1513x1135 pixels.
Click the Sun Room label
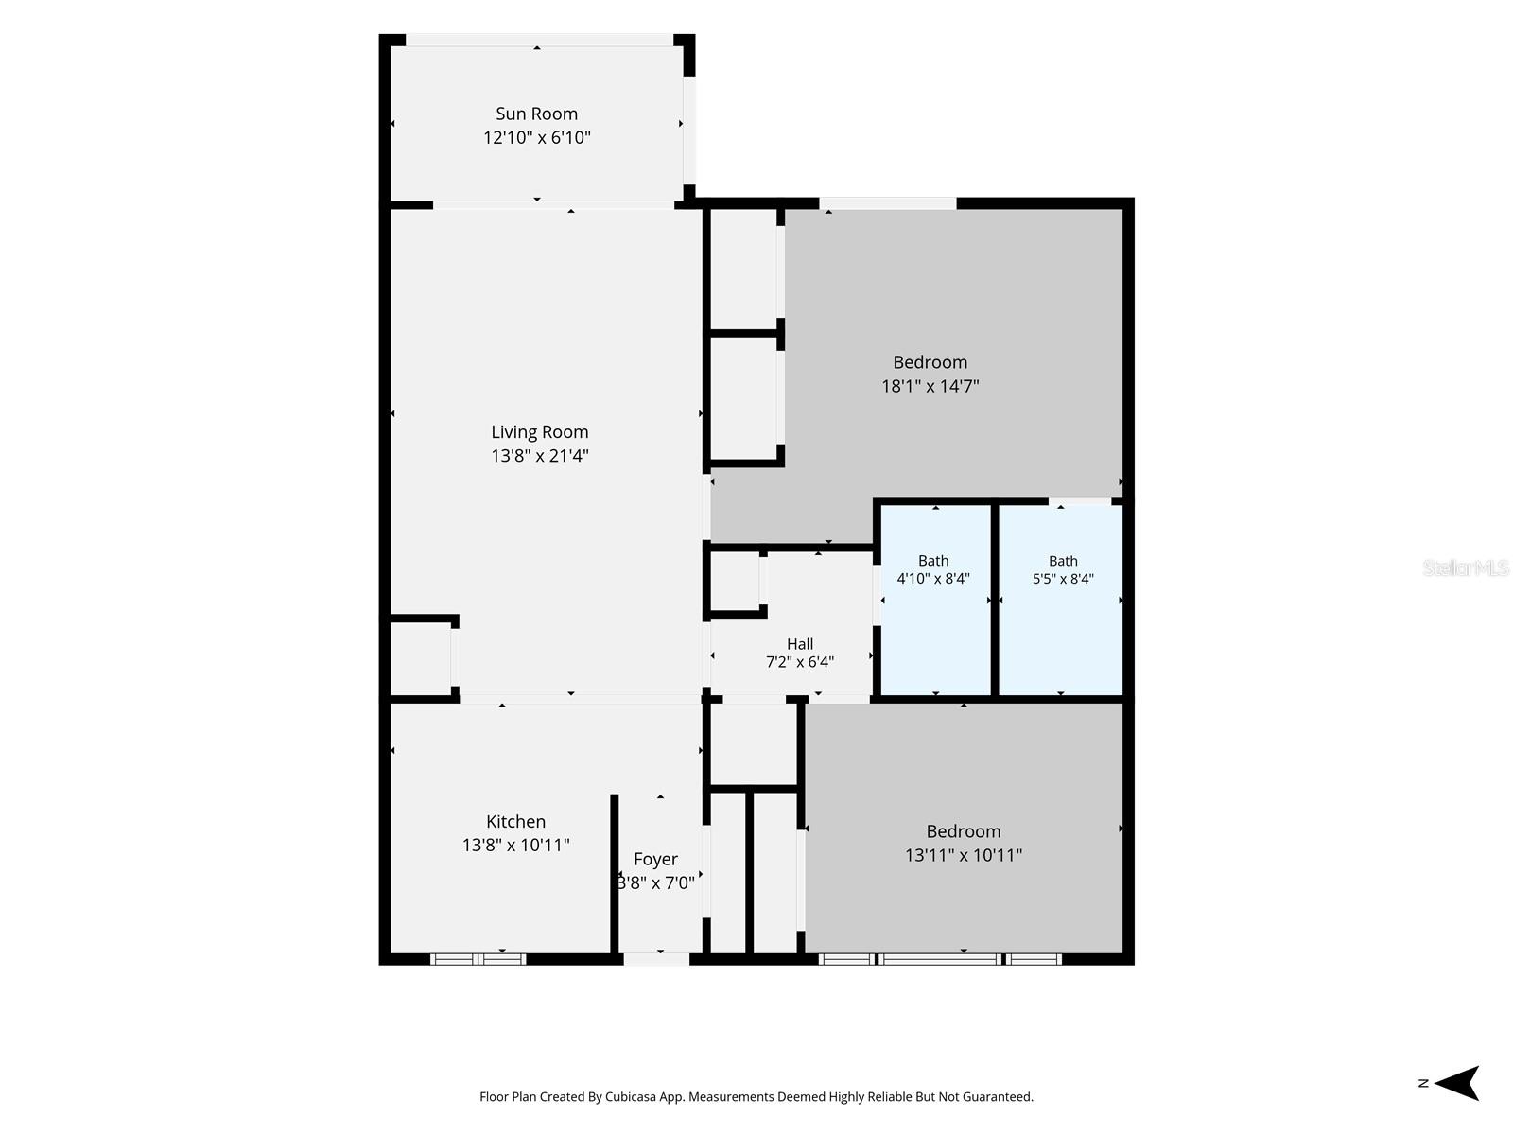536,113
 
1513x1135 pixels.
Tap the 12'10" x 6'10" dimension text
536,138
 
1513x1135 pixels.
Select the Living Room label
539,432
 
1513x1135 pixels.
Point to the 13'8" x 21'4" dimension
539,456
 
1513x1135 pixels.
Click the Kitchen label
515,821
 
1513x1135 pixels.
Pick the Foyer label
655,860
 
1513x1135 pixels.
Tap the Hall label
800,644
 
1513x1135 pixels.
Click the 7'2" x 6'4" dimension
800,662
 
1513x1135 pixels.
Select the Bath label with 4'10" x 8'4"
933,561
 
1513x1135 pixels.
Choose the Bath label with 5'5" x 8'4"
1063,561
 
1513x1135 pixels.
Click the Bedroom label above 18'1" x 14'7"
930,362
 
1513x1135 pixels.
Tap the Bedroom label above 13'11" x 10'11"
963,831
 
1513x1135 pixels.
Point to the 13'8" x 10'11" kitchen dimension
515,845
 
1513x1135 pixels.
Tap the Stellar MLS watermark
1466,567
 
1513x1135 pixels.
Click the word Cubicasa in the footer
631,1097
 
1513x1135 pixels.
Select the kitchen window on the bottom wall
478,959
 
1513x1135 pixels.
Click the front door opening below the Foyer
656,959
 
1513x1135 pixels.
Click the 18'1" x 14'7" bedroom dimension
930,386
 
